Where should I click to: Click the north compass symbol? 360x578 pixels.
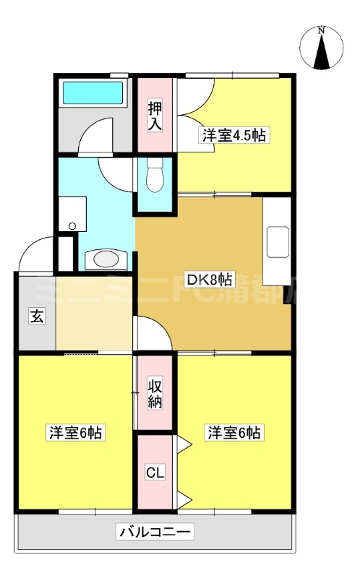(322, 49)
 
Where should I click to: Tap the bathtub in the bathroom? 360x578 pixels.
(93, 92)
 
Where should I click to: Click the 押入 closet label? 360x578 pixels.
(155, 116)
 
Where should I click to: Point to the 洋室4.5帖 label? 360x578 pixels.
(236, 134)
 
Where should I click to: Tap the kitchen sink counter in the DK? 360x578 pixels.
(277, 242)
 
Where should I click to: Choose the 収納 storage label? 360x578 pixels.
(155, 392)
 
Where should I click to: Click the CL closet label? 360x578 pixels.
(155, 473)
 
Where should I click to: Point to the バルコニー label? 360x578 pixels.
(155, 533)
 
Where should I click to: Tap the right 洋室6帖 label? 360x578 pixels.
(236, 433)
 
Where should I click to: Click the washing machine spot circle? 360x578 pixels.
(72, 226)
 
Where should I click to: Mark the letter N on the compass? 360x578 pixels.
(322, 32)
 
